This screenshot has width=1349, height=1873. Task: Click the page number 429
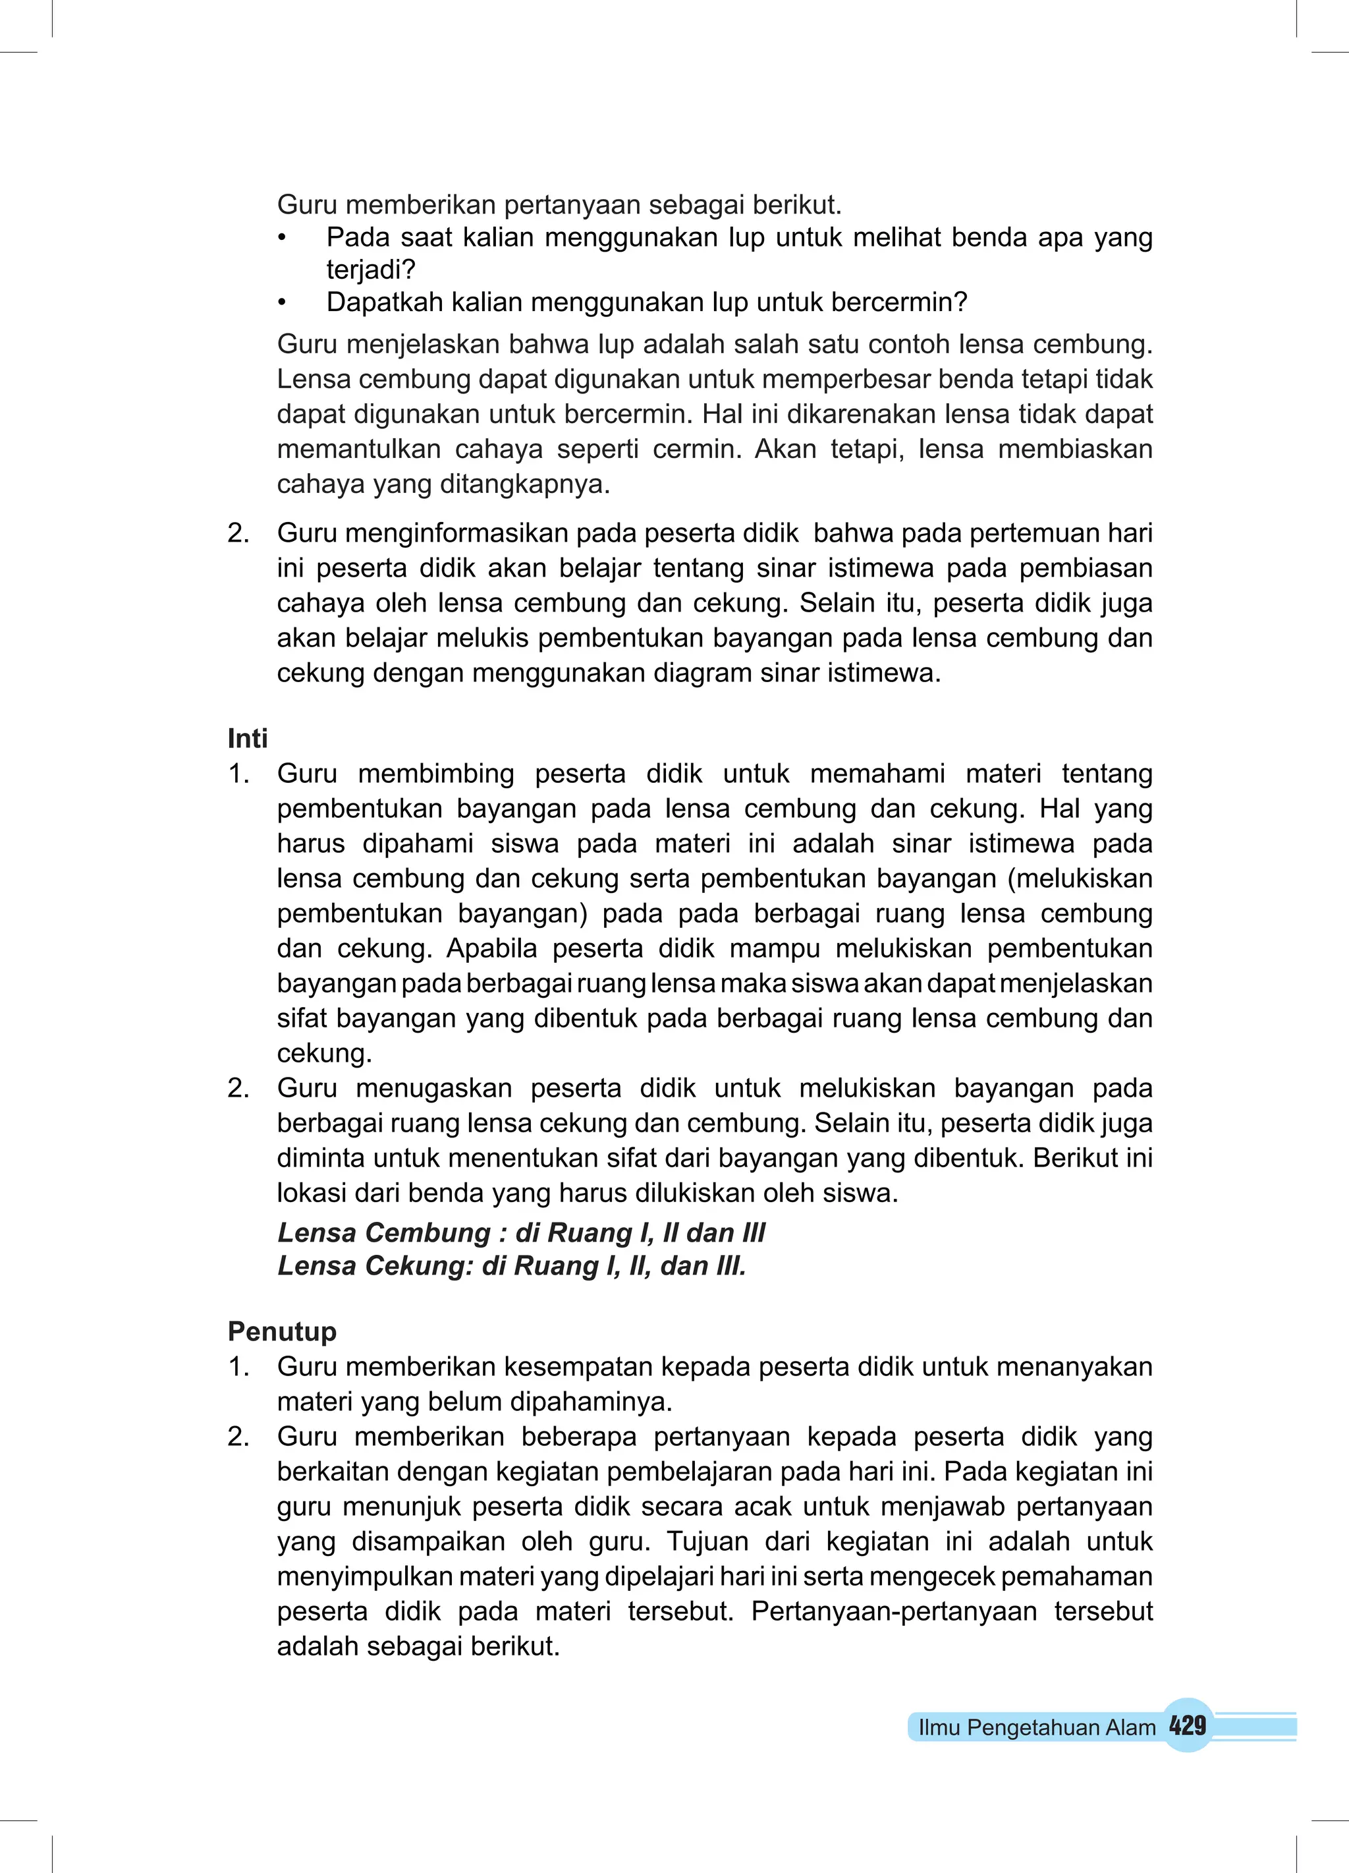tap(1187, 1725)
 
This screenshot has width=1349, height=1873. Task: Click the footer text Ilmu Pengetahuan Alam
tap(1036, 1727)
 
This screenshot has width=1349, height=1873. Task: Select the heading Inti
tap(247, 738)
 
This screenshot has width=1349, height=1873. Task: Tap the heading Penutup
tap(281, 1331)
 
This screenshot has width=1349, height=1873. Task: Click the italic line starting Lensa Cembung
tap(521, 1232)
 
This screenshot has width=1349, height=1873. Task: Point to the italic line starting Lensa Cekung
tap(511, 1265)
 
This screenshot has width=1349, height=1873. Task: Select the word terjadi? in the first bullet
tap(371, 270)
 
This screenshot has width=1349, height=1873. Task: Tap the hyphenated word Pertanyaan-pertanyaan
tap(893, 1611)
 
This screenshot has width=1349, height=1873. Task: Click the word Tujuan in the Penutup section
tap(707, 1541)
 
